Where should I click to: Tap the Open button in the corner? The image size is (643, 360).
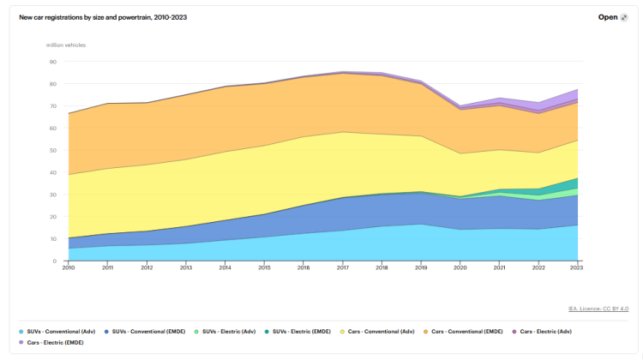coord(612,16)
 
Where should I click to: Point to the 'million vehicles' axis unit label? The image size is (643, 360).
coord(66,45)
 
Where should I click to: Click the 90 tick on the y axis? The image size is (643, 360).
coord(52,62)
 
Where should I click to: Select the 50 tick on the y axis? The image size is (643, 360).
coord(52,150)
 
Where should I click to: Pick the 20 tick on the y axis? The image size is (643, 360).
coord(52,217)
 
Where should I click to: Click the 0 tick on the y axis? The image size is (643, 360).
coord(54,261)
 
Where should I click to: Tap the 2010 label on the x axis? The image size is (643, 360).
coord(69,267)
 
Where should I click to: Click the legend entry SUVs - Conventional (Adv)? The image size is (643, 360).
coord(58,331)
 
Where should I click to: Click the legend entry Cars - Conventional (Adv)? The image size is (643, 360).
coord(382,331)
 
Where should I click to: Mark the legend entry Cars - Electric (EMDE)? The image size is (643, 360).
coord(55,342)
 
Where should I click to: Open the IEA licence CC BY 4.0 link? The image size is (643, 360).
coord(598,309)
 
